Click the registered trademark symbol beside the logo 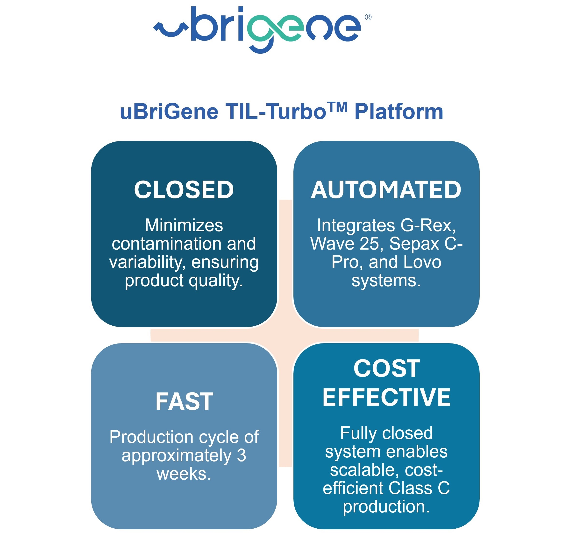tap(368, 17)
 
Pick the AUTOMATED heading tap(386, 190)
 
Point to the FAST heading tap(184, 401)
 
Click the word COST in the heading tap(386, 368)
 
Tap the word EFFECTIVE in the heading tap(386, 397)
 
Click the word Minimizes tap(184, 225)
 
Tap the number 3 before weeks tap(241, 455)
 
